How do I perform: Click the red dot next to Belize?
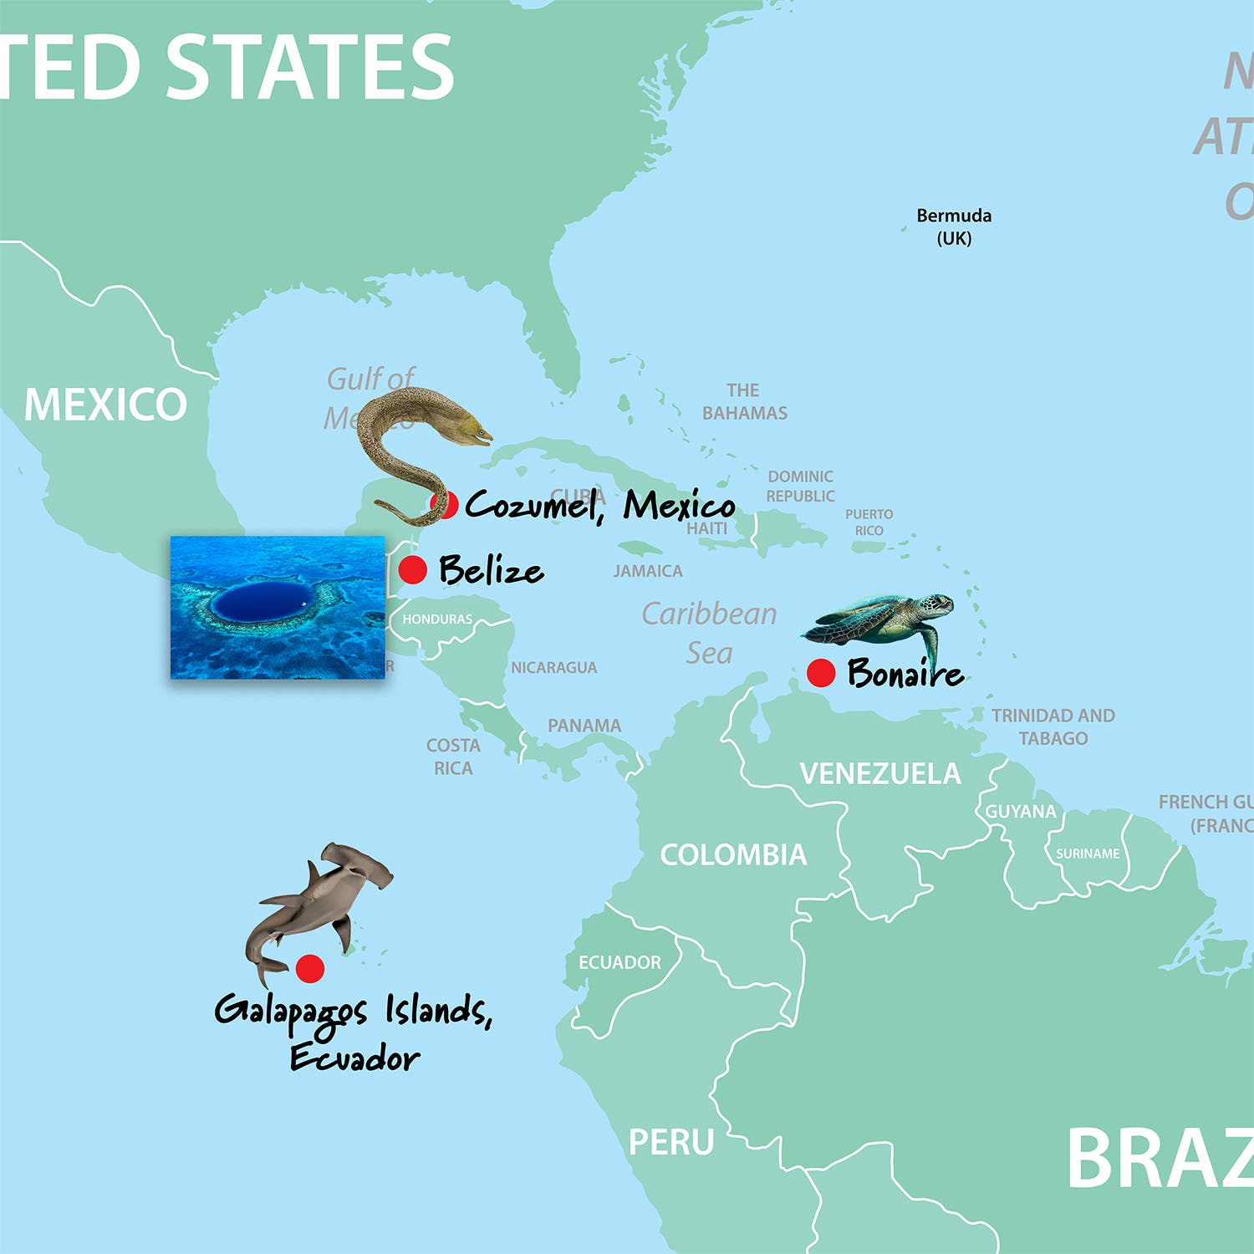[412, 569]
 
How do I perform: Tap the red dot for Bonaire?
[821, 672]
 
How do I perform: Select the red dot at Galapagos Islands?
[310, 968]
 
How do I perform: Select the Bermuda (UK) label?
[954, 227]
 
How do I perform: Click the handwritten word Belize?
[491, 570]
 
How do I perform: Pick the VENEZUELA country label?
[880, 774]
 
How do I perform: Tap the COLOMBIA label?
[733, 854]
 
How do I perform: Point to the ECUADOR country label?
[619, 962]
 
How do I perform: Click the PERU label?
[671, 1142]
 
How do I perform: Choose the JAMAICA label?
[648, 571]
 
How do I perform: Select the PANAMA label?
[584, 726]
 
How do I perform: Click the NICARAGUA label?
[554, 667]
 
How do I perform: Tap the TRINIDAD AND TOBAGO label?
[1053, 726]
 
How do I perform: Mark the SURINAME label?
[1088, 854]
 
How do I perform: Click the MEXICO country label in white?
[105, 405]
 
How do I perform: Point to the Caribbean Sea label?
[709, 633]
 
